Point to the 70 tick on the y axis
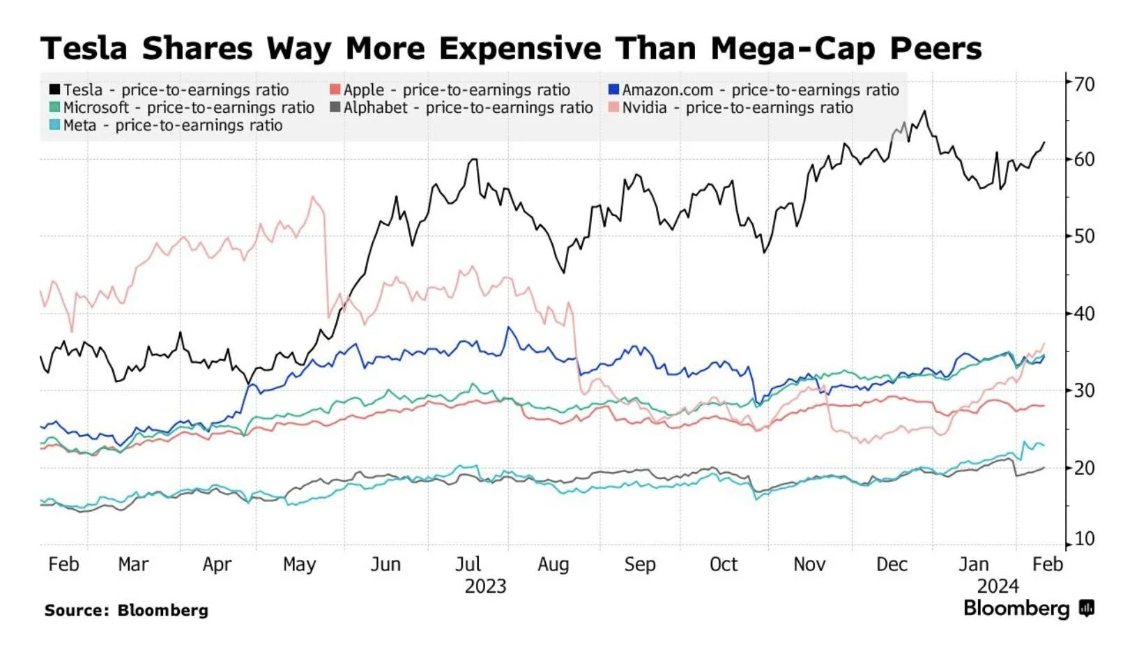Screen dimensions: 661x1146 click(1084, 84)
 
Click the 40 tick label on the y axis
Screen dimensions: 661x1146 click(1084, 314)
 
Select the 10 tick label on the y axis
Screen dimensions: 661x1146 click(1084, 539)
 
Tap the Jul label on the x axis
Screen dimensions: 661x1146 click(468, 564)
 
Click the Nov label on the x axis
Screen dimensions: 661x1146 click(809, 564)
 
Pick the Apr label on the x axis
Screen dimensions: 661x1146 click(217, 564)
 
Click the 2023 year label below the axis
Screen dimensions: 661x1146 click(485, 586)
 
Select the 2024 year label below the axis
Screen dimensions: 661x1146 click(998, 586)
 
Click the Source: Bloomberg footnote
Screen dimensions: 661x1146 click(126, 611)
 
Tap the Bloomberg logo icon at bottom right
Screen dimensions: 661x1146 click(1086, 609)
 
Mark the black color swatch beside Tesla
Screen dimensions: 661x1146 click(54, 90)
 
